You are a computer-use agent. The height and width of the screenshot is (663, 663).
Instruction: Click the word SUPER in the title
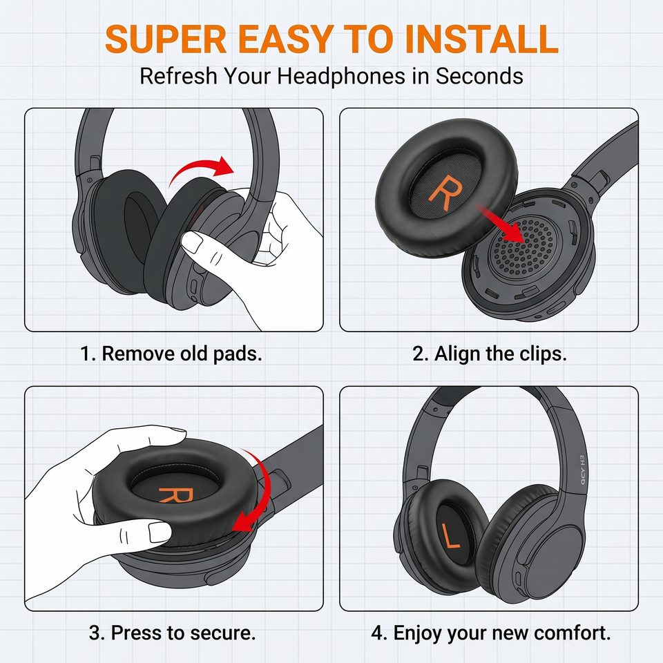click(166, 39)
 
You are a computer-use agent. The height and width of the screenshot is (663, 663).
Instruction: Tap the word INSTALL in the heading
click(481, 39)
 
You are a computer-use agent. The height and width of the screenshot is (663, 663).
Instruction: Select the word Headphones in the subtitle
click(354, 76)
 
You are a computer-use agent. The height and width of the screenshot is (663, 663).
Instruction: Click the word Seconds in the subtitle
click(479, 76)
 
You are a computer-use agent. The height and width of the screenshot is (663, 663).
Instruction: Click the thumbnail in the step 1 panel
click(192, 243)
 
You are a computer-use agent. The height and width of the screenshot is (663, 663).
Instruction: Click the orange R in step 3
click(176, 494)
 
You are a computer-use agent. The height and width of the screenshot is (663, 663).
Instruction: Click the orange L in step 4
click(451, 535)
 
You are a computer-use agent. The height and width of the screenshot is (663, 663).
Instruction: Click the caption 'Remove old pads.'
click(182, 354)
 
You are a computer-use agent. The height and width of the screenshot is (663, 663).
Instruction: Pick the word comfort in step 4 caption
click(573, 633)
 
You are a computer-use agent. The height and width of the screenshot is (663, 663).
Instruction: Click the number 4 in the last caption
click(377, 633)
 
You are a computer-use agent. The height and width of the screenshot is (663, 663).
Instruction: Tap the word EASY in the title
click(285, 39)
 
